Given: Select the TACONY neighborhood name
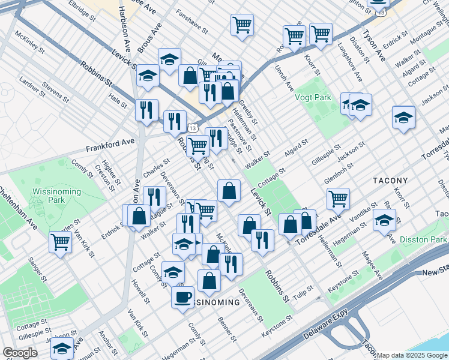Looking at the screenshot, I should pyautogui.click(x=390, y=180).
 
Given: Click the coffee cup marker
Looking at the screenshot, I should pyautogui.click(x=182, y=296).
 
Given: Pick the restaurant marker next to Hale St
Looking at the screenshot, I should pyautogui.click(x=146, y=109).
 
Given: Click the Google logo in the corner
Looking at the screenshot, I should pyautogui.click(x=20, y=353).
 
